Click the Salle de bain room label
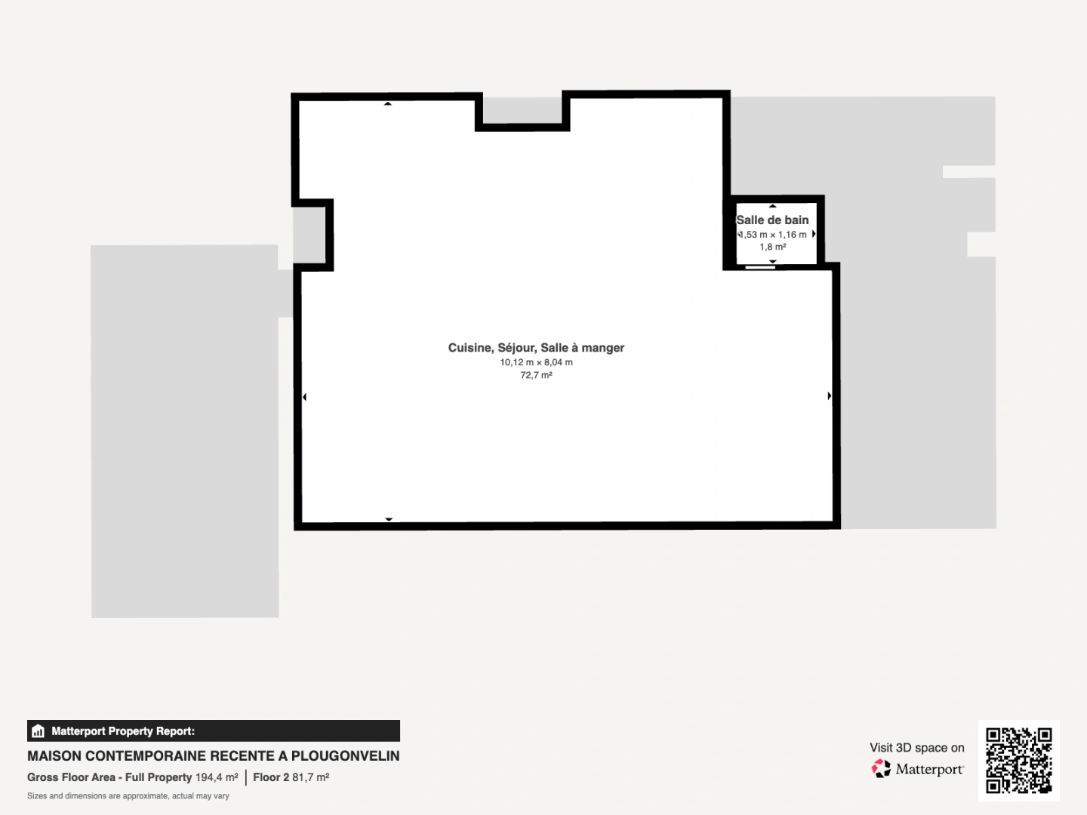tap(772, 220)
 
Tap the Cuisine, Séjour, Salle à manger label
tap(536, 348)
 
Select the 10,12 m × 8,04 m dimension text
tap(536, 362)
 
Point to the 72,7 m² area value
tap(536, 375)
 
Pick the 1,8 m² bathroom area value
tap(772, 247)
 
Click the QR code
tap(1018, 760)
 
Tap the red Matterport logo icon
tap(881, 768)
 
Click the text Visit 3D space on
tap(916, 748)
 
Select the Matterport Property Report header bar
tap(214, 731)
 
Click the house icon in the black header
tap(38, 731)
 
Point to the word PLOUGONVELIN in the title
tap(345, 756)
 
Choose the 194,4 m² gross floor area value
tap(217, 777)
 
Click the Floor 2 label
tap(271, 777)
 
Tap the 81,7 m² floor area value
tap(310, 777)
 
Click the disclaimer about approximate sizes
tap(128, 795)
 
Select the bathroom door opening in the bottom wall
tap(760, 267)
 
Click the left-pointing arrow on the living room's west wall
tap(304, 397)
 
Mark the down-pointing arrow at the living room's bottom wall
tap(389, 519)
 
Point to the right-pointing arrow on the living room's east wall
tap(830, 396)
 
